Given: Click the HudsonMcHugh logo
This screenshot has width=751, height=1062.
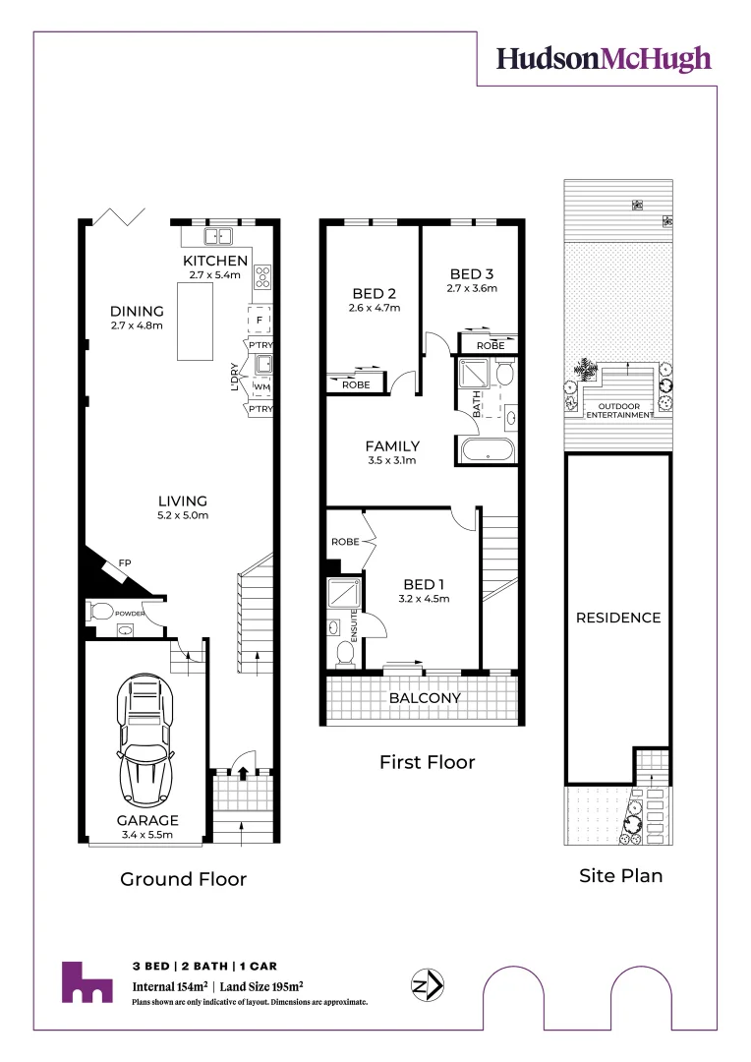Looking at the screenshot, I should coord(603,59).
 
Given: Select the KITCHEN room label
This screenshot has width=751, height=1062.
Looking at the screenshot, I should coord(215,261).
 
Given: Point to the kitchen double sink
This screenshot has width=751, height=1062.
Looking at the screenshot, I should coord(218,236).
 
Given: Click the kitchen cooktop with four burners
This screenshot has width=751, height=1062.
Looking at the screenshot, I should coord(262,277).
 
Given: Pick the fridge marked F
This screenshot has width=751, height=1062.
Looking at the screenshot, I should coord(260,320).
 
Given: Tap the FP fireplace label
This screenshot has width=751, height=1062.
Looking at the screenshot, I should coord(126,562).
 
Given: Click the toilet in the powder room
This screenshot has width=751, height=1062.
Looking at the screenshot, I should coord(99,612).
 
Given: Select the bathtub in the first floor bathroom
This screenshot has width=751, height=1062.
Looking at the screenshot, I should coord(487,451).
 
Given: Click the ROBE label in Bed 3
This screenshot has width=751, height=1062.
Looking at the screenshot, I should coord(490,346).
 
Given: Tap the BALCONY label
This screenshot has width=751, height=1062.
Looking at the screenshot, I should coord(425,698).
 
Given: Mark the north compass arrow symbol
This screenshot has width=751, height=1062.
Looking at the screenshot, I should coord(428,983).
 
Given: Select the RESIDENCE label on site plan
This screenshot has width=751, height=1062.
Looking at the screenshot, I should coord(617,618).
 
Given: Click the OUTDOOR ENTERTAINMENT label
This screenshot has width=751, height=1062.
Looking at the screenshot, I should coord(620,411).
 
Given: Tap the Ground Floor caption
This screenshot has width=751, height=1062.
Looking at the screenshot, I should coord(183,879).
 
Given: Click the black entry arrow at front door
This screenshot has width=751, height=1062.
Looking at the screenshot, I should coord(243,773).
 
